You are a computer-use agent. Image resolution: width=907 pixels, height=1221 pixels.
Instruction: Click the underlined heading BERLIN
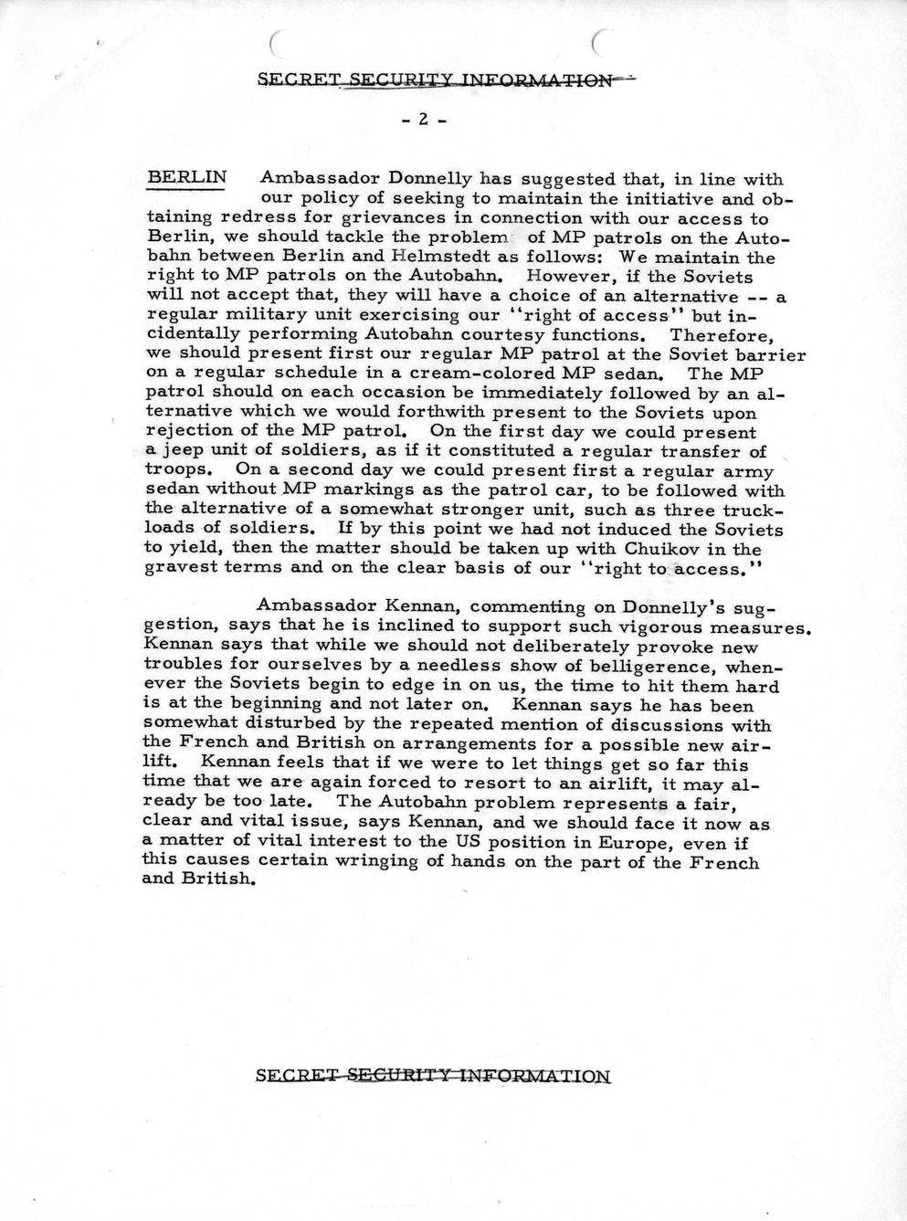[x=186, y=177]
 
